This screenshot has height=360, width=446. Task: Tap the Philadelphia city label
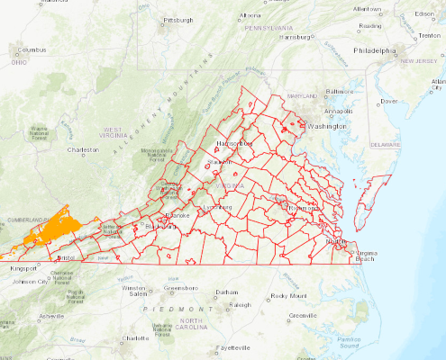click(x=374, y=51)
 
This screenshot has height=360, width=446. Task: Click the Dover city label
click(x=389, y=102)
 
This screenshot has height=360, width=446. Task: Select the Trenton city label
click(x=429, y=36)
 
